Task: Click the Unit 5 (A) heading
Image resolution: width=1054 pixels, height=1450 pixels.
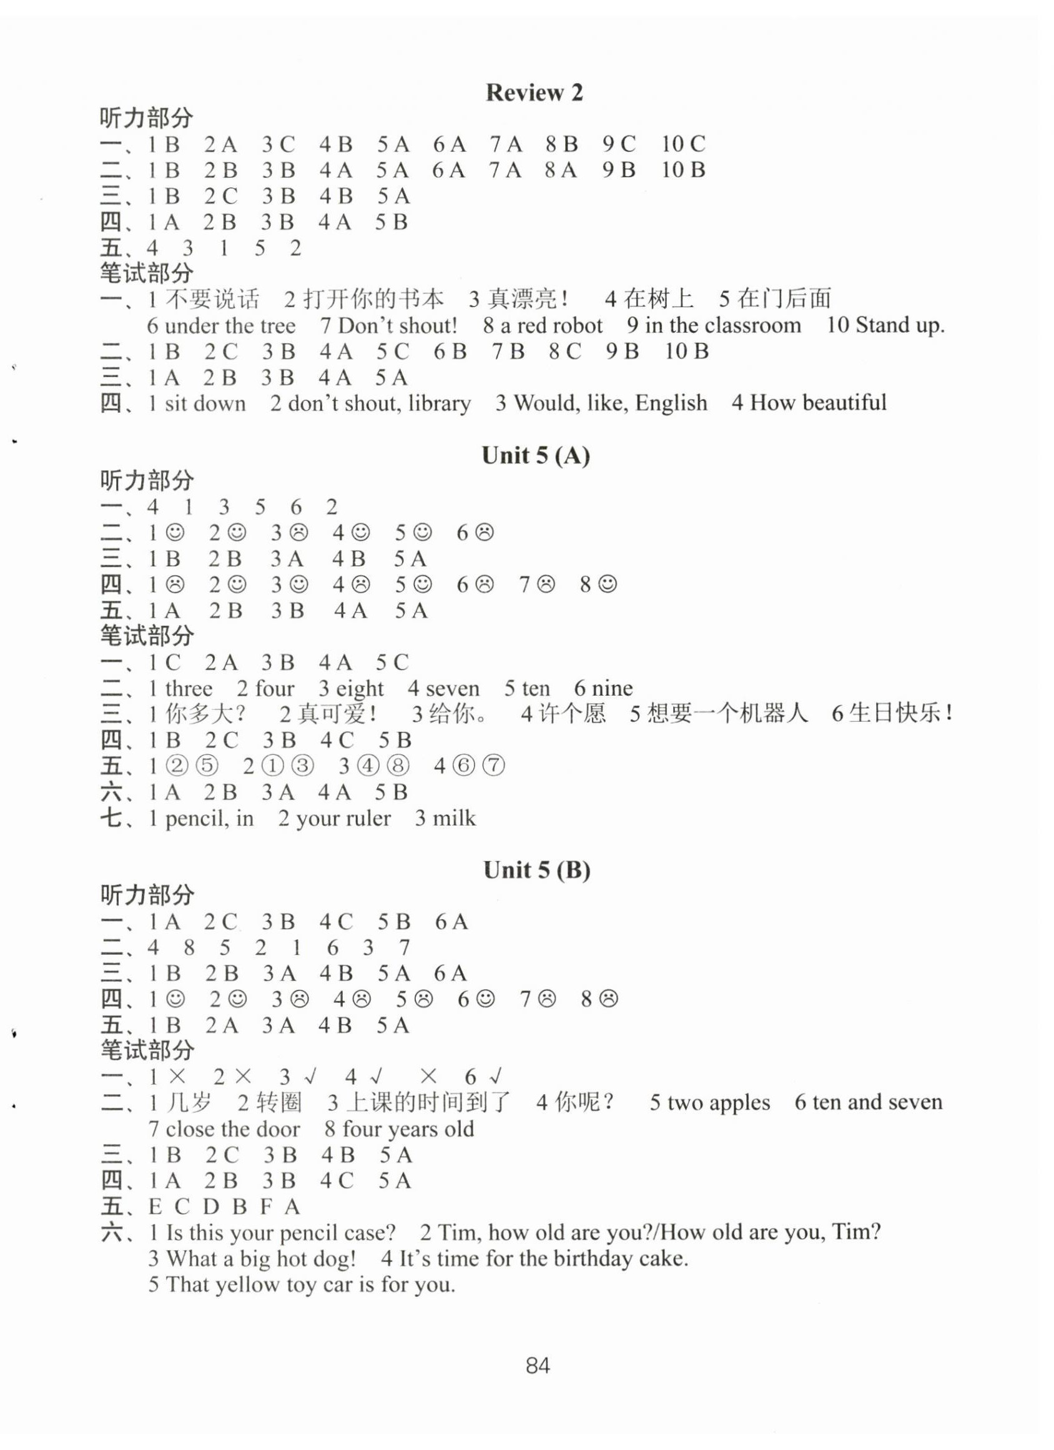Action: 536,456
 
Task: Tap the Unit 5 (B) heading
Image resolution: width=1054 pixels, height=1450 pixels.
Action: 536,870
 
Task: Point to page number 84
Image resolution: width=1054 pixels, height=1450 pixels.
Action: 538,1366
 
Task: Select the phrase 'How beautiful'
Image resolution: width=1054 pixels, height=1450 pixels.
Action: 817,403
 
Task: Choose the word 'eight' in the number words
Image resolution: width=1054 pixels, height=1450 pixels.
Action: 359,689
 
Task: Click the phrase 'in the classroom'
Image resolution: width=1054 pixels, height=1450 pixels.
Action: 722,325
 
